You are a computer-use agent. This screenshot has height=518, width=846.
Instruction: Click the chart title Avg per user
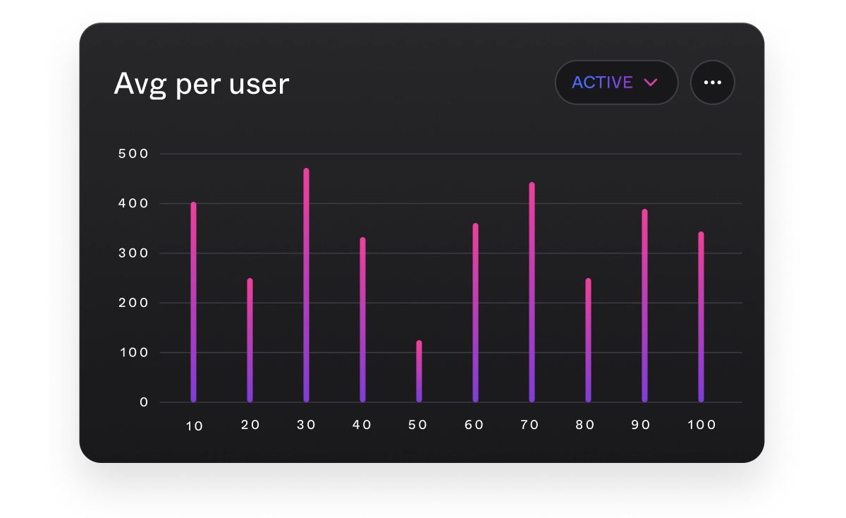click(x=202, y=84)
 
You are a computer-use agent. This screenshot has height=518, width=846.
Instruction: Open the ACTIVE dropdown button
click(x=615, y=83)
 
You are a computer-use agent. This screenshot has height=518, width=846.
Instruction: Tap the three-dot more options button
click(x=712, y=83)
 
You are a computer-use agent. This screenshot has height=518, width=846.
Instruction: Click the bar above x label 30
click(x=306, y=285)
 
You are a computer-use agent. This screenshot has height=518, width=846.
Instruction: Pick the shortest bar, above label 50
click(x=419, y=371)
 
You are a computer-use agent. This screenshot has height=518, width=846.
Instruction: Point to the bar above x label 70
click(x=532, y=292)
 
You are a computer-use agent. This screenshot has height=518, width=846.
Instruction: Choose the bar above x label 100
click(x=701, y=317)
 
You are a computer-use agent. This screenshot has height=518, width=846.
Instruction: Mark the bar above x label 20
click(x=250, y=340)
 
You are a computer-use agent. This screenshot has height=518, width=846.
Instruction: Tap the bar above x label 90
click(x=644, y=306)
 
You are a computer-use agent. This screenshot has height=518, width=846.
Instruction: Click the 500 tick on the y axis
click(x=134, y=154)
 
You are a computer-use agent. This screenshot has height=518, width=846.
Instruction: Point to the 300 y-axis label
click(x=134, y=253)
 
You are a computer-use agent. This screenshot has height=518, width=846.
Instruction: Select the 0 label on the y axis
click(x=144, y=402)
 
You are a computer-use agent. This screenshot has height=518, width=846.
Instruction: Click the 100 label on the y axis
click(x=134, y=353)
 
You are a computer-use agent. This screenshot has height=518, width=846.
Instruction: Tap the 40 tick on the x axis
click(x=362, y=425)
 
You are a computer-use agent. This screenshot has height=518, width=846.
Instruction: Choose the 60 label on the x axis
click(x=474, y=425)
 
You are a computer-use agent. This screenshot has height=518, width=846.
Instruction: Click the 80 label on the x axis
click(x=585, y=425)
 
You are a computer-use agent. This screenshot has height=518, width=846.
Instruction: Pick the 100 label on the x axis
click(x=701, y=425)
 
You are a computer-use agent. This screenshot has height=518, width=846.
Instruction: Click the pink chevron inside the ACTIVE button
click(x=650, y=83)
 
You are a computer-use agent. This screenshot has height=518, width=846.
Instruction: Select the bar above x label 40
click(x=362, y=320)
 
